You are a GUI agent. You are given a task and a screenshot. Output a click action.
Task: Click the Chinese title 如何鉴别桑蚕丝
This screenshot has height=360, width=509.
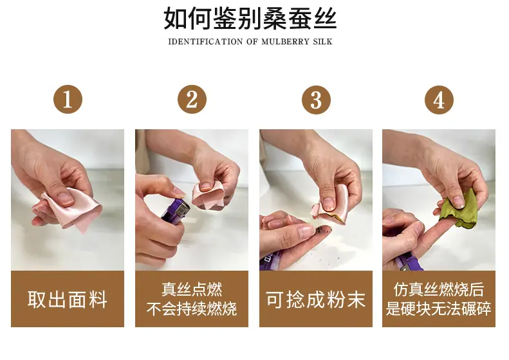point(250,19)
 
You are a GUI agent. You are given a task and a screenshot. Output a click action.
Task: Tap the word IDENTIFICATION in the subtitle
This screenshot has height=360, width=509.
point(205,42)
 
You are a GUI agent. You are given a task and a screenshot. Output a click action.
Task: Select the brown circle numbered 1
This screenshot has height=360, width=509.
point(68,99)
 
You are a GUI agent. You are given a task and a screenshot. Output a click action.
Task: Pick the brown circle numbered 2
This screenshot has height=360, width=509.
point(192,99)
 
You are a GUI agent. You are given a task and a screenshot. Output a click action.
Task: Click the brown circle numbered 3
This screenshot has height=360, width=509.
point(316,100)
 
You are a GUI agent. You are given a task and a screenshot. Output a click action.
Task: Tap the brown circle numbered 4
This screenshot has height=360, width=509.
point(439,100)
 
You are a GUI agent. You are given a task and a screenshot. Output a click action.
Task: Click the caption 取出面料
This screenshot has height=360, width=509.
point(68,299)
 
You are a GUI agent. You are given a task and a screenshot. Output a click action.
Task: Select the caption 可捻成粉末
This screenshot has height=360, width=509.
point(315,299)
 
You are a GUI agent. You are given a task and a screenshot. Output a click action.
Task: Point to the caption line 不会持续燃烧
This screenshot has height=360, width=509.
point(192,309)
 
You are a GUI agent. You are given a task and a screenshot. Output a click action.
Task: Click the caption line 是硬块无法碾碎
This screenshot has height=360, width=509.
point(439,309)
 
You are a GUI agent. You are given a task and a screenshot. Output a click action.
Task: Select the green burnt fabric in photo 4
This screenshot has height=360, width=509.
point(458,209)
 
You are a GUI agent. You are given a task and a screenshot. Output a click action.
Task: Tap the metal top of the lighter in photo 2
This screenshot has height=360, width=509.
point(183,211)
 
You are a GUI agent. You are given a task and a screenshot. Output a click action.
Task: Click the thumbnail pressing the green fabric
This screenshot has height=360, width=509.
point(458,202)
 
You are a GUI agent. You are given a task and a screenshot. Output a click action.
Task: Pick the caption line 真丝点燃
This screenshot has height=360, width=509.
point(192,290)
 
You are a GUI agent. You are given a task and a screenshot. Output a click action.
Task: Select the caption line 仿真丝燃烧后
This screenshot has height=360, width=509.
point(439,290)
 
